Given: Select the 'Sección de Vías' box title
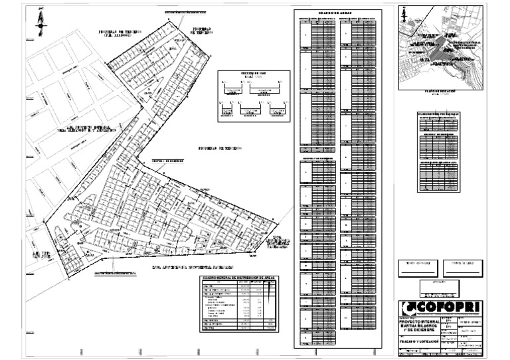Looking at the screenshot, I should tap(253, 74).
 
